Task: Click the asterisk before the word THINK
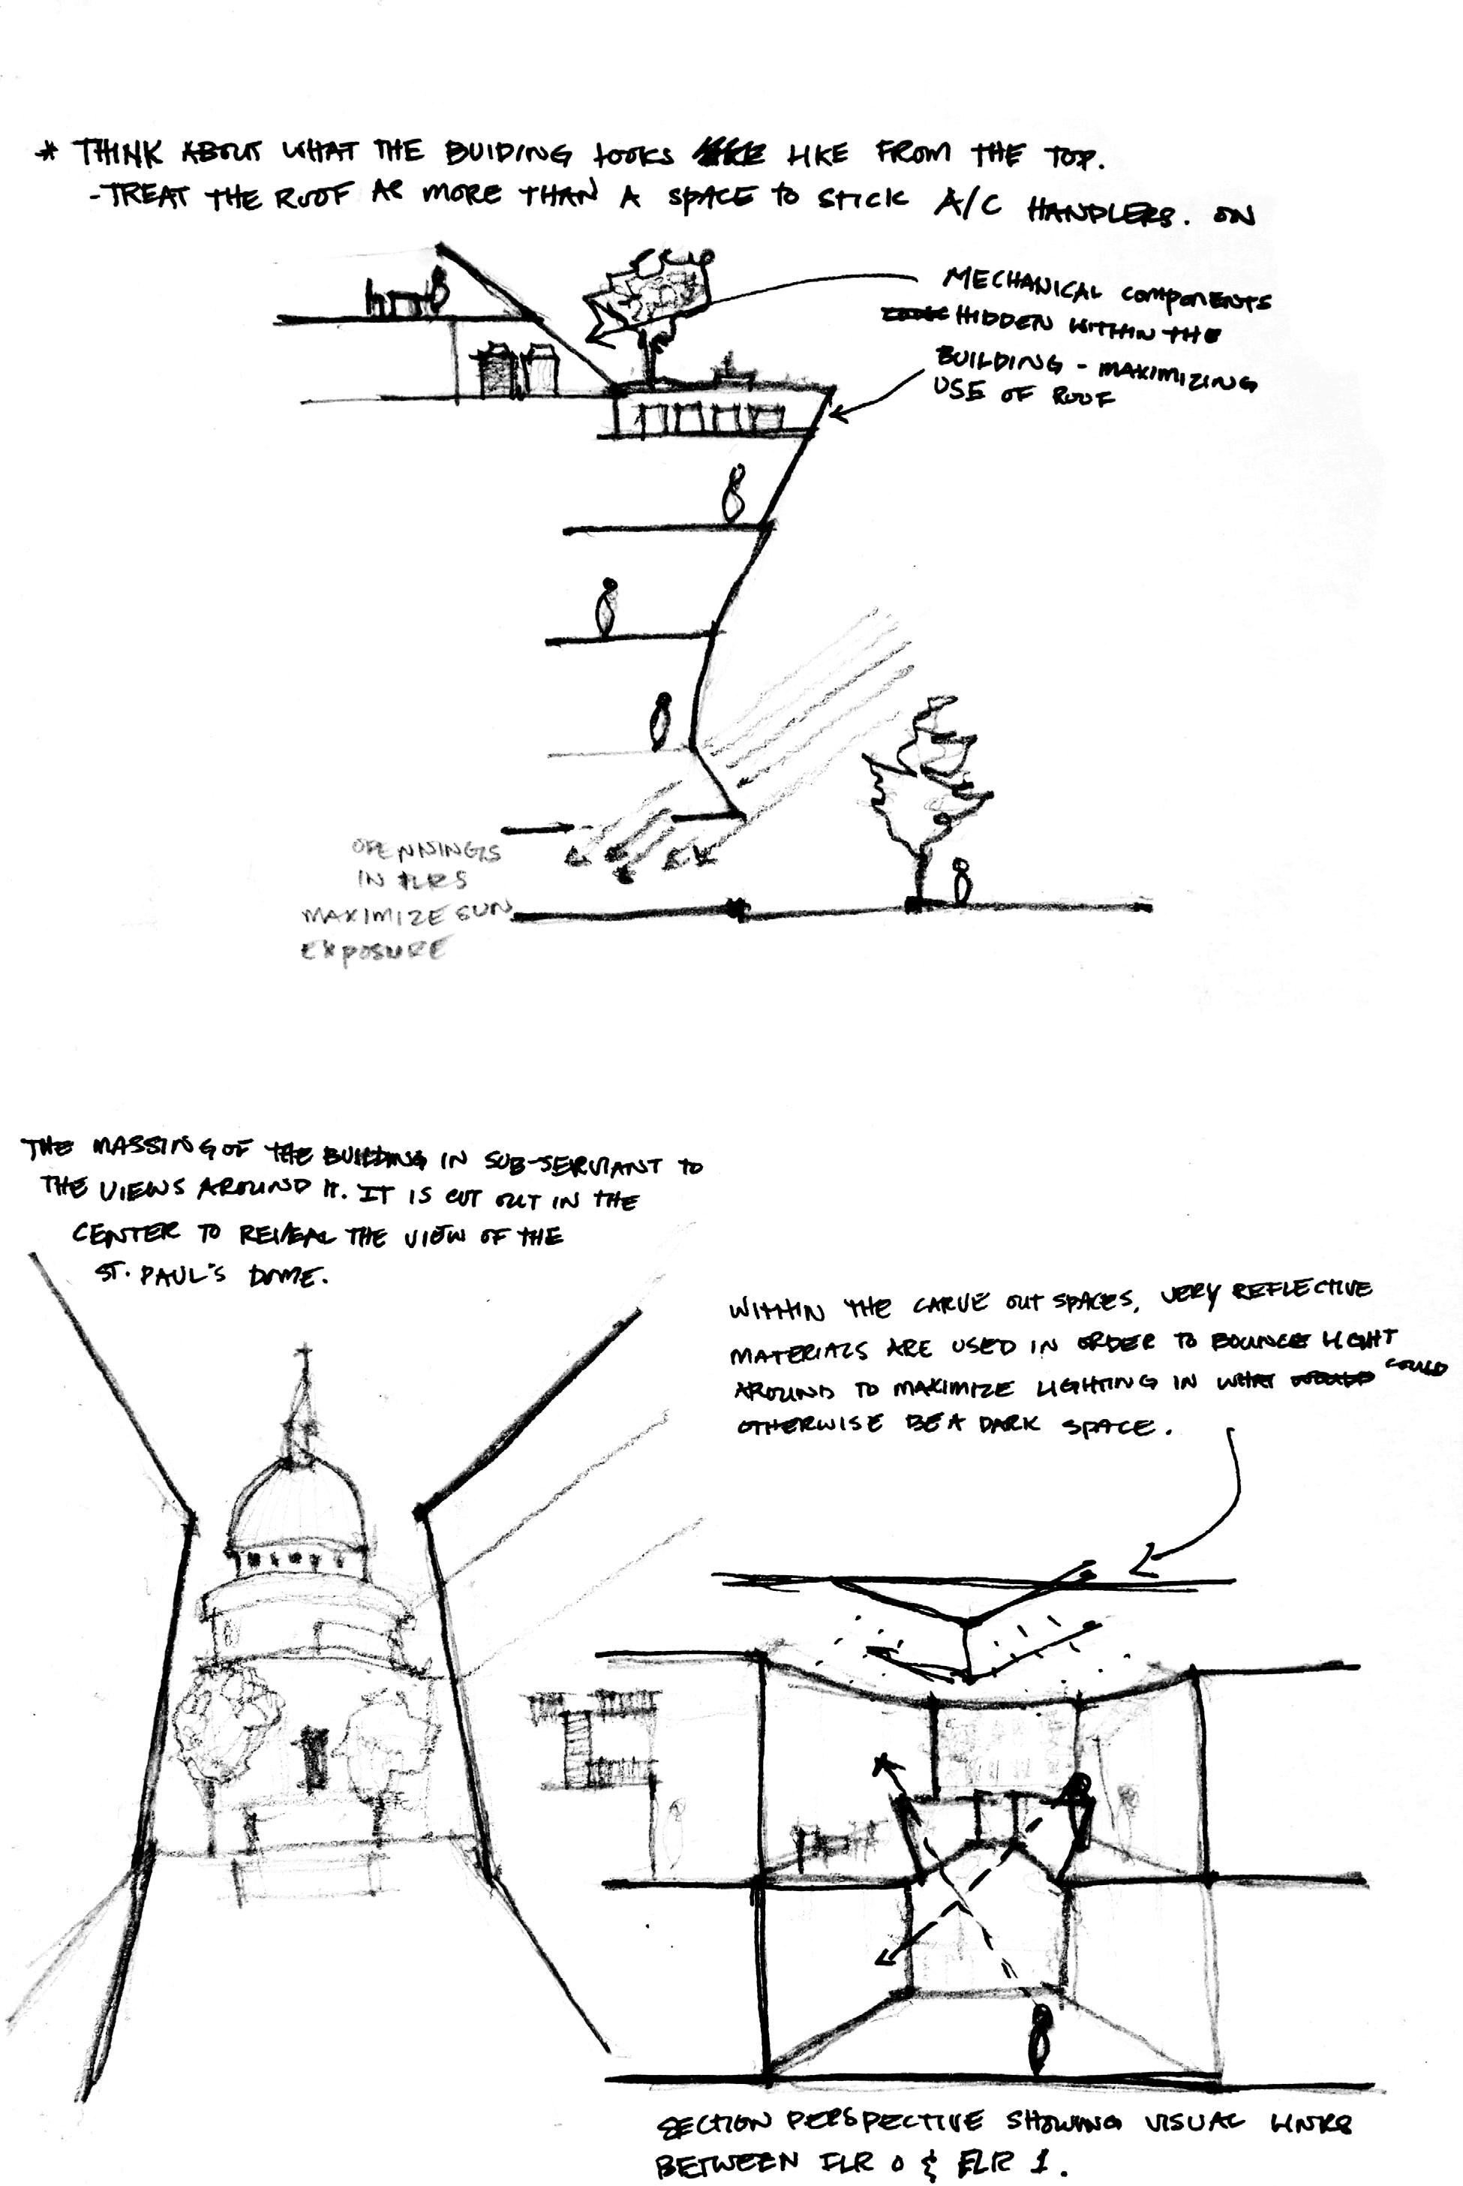(x=43, y=151)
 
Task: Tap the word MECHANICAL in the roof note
(x=1026, y=285)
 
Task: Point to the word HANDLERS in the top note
(x=1100, y=212)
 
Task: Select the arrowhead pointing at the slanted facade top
(x=835, y=411)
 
